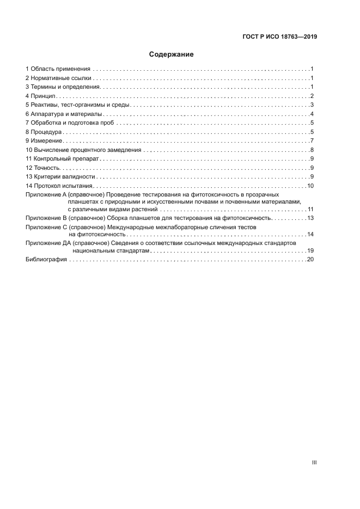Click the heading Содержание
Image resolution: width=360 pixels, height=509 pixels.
[x=172, y=54]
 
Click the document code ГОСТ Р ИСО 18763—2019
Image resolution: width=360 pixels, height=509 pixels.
[x=279, y=37]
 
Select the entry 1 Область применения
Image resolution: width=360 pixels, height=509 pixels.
[x=58, y=69]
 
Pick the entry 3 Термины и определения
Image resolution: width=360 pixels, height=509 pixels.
[x=63, y=87]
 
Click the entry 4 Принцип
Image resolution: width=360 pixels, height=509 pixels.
[x=41, y=96]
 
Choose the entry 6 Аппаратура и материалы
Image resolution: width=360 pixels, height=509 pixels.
[x=64, y=114]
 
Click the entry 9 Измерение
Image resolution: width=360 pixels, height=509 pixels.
[x=45, y=141]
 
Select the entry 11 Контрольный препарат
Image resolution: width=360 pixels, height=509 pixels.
[x=62, y=159]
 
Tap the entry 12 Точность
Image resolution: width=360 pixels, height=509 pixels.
[x=44, y=168]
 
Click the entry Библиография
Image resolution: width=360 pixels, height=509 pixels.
[x=46, y=260]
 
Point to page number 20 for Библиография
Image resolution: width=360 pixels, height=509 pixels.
[x=311, y=260]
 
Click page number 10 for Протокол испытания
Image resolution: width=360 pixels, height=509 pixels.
[x=311, y=186]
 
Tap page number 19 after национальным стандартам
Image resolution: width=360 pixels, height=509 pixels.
[x=311, y=251]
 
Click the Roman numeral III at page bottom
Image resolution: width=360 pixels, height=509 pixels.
[x=314, y=462]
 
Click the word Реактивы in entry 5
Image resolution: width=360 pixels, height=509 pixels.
[x=45, y=105]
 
